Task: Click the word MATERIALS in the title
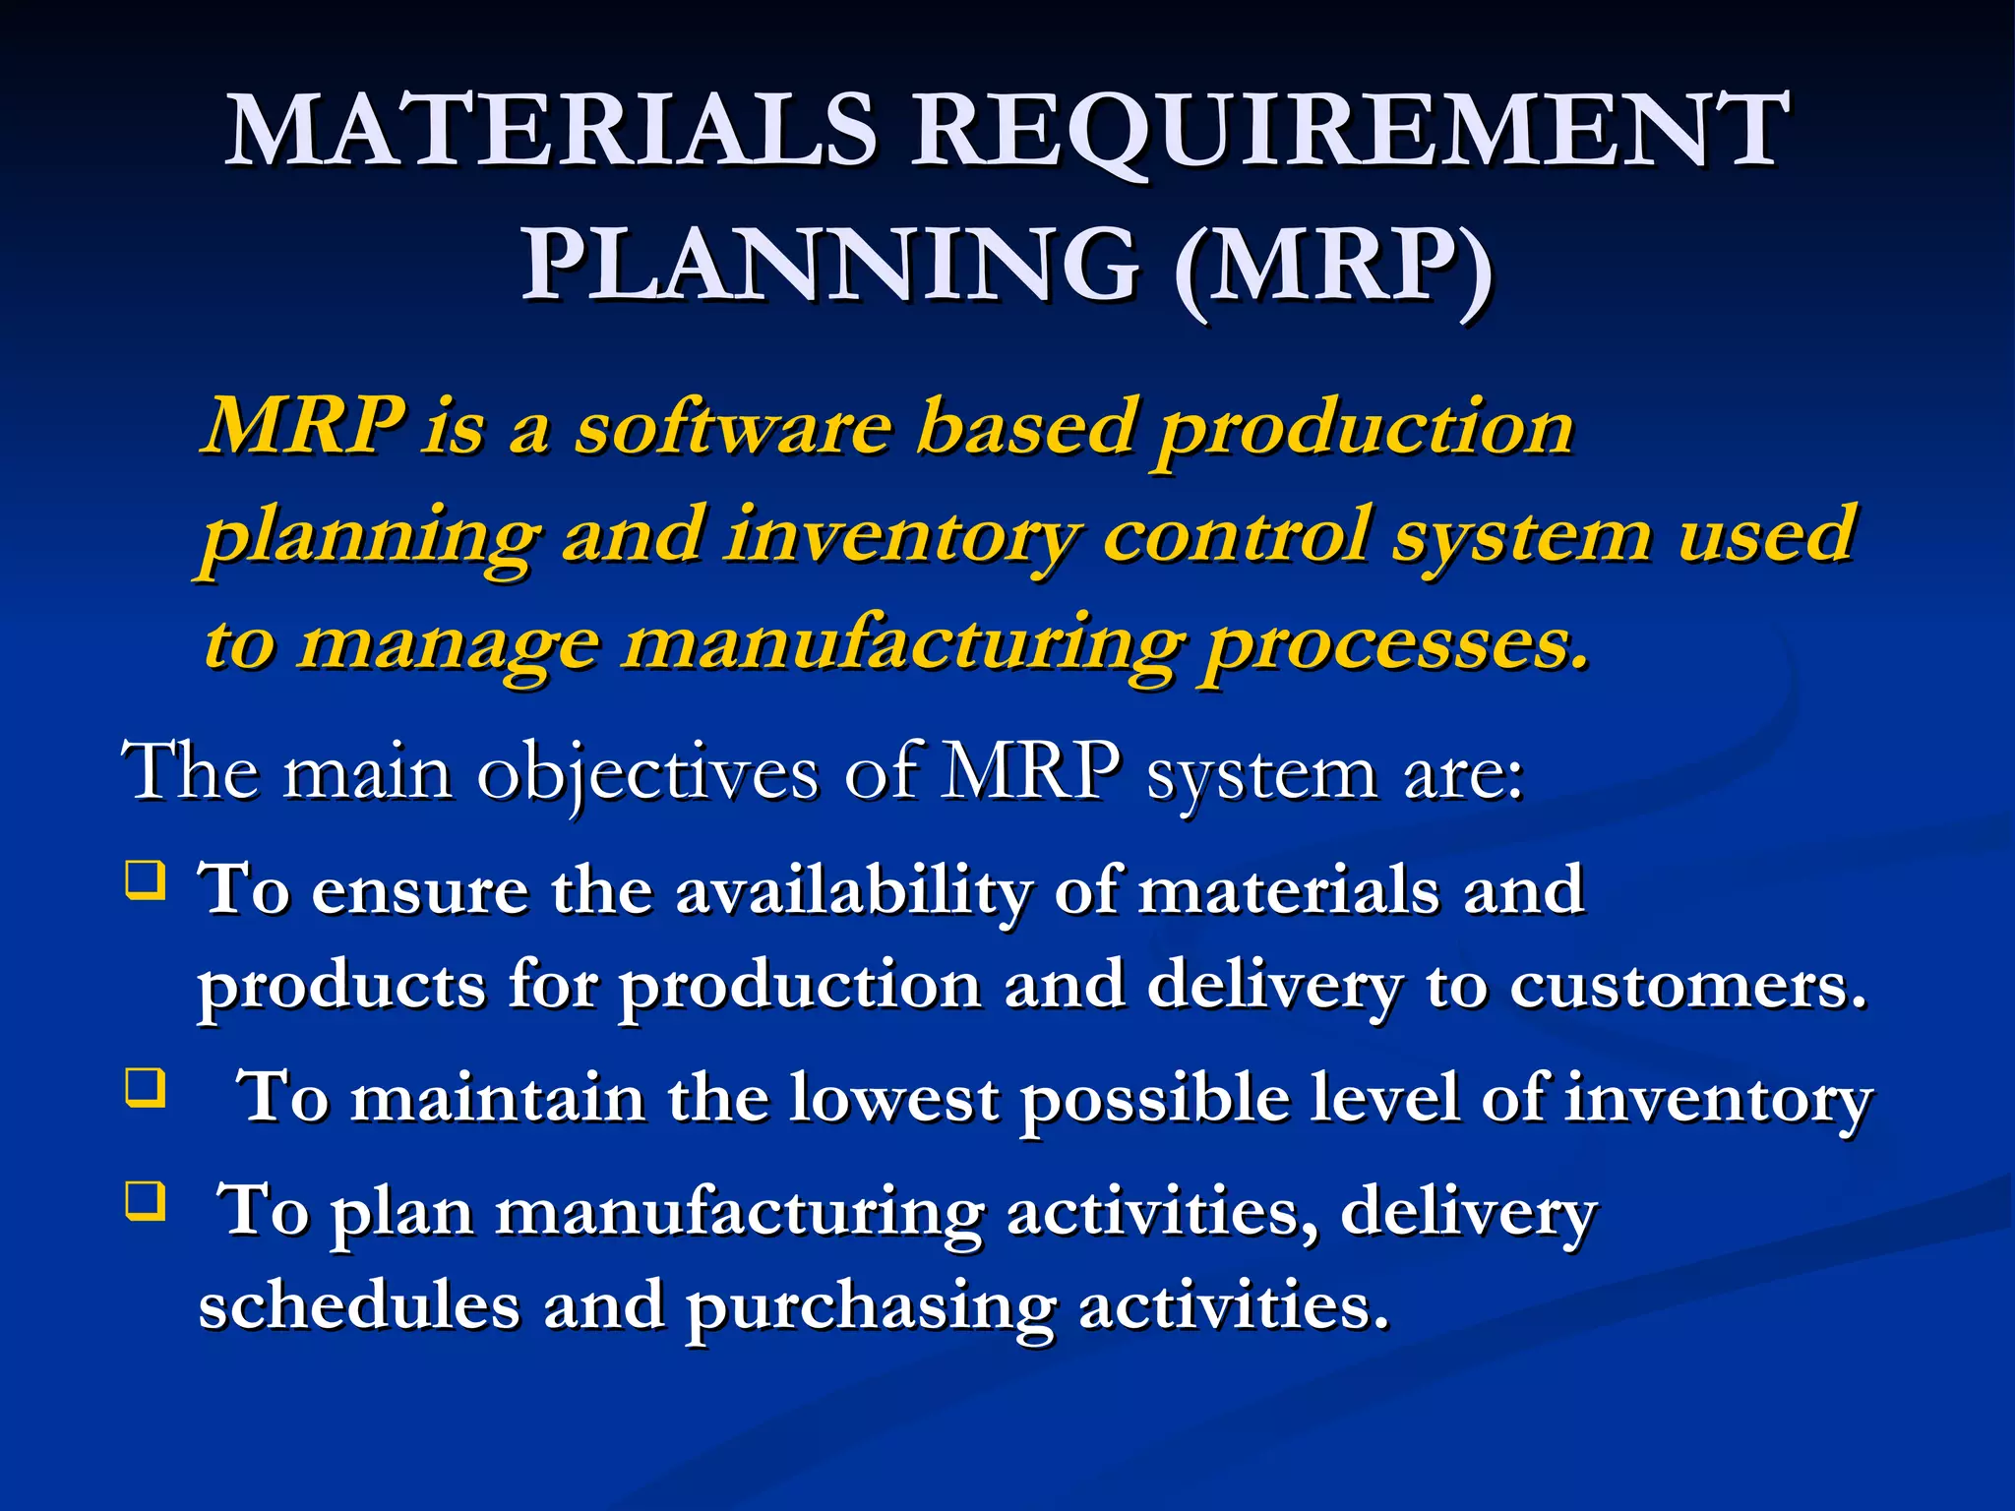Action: pyautogui.click(x=551, y=131)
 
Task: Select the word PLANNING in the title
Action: pyautogui.click(x=831, y=266)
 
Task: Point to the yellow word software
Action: pyautogui.click(x=733, y=428)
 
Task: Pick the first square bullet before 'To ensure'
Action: pyautogui.click(x=145, y=879)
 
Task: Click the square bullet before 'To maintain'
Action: pyautogui.click(x=145, y=1088)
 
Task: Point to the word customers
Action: pyautogui.click(x=1687, y=986)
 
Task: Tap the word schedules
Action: pyautogui.click(x=359, y=1305)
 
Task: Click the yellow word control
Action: pyautogui.click(x=1235, y=536)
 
